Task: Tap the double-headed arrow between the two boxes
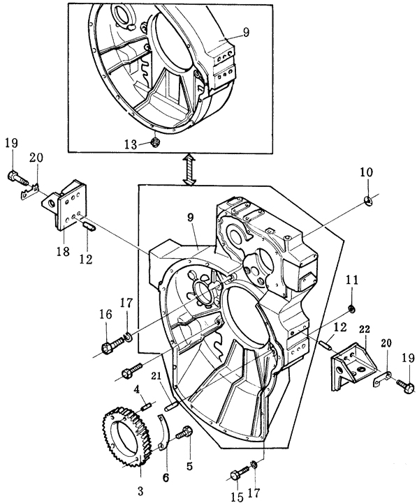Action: tap(189, 169)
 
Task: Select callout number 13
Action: tap(131, 144)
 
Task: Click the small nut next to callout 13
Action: tap(156, 141)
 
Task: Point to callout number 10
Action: tap(366, 172)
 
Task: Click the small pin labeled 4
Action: tap(146, 407)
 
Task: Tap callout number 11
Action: tap(352, 280)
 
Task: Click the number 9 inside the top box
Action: tap(246, 32)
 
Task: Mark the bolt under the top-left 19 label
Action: tap(19, 179)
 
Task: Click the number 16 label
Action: tap(105, 314)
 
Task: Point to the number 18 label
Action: tap(63, 251)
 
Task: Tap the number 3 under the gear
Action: tap(140, 491)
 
